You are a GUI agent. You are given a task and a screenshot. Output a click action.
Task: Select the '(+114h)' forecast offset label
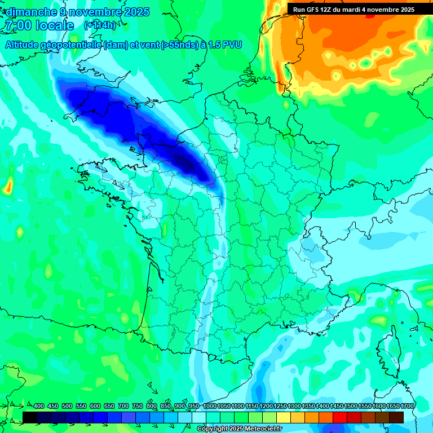[100, 25]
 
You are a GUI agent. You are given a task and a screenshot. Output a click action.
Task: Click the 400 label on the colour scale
[39, 407]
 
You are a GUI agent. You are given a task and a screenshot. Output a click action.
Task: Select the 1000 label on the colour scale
[210, 407]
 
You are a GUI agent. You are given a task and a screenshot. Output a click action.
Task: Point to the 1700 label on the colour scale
[407, 407]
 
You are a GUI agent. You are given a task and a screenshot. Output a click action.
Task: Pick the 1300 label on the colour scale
[294, 407]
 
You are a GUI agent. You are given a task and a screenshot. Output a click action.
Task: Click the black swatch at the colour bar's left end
[30, 417]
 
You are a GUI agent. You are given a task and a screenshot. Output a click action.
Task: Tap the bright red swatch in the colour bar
[340, 417]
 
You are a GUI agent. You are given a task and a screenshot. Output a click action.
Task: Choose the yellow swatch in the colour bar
[284, 417]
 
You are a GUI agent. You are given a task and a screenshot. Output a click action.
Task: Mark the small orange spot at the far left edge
[8, 185]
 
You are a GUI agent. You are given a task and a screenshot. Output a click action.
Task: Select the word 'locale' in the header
[54, 25]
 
